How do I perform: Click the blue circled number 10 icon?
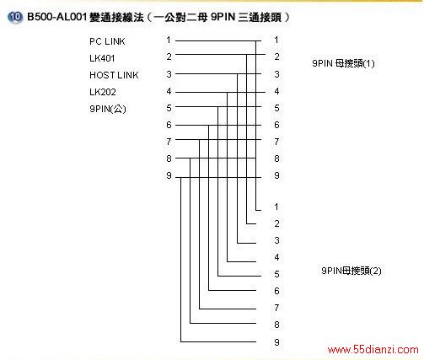coord(14,17)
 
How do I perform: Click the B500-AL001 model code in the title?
coord(57,17)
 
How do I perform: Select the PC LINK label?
coord(107,41)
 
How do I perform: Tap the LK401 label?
coord(102,58)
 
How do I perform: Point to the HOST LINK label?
coord(114,75)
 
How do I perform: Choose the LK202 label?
coord(103,92)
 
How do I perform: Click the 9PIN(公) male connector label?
coord(108,109)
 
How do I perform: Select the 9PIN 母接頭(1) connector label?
coord(343,63)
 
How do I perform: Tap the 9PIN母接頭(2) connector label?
coord(352,271)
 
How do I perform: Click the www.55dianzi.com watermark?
coord(373,350)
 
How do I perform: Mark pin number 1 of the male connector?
coord(169,40)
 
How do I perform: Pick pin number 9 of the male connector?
coord(169,175)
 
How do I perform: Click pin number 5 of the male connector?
coord(169,108)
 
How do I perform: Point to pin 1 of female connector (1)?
coord(276,40)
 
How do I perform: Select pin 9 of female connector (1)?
coord(276,175)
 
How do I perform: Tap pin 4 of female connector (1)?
coord(276,91)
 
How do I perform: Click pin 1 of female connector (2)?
coord(276,207)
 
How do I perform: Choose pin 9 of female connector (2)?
coord(276,342)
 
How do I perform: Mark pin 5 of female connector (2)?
coord(276,274)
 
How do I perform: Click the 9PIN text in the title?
coord(223,17)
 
